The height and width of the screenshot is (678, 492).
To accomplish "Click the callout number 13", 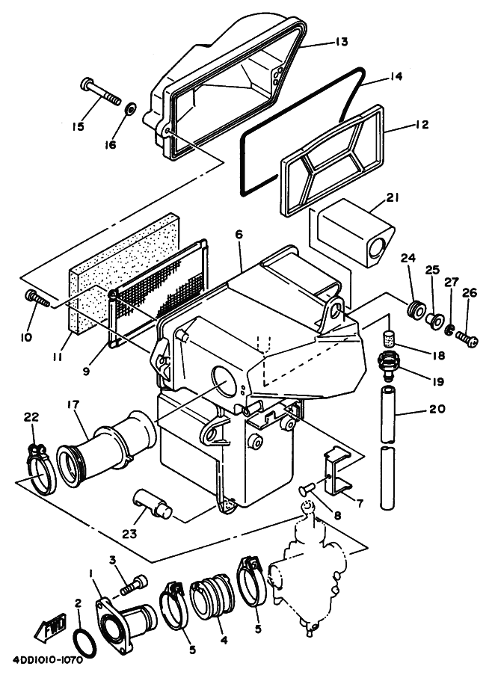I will (x=340, y=43).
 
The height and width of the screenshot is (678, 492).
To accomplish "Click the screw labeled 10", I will (x=37, y=299).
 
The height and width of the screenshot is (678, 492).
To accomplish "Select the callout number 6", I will (x=239, y=235).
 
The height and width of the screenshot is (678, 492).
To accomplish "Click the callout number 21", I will (x=393, y=197).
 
